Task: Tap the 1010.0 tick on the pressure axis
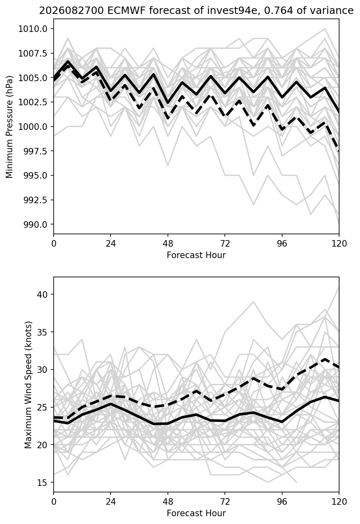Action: tap(33, 29)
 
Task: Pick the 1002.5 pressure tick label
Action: tap(33, 102)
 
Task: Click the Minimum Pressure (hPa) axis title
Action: tap(9, 127)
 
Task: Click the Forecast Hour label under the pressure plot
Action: tap(196, 255)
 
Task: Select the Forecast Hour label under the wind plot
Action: tap(196, 513)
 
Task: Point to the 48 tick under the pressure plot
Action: tap(168, 244)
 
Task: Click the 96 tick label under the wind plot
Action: tap(282, 502)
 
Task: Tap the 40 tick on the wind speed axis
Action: tap(42, 294)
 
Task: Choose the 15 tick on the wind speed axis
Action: tap(42, 482)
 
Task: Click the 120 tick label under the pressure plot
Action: tap(339, 244)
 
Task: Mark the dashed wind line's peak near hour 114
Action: tap(325, 359)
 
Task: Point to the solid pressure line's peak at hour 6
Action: tap(68, 61)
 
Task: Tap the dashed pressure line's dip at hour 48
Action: tap(168, 118)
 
